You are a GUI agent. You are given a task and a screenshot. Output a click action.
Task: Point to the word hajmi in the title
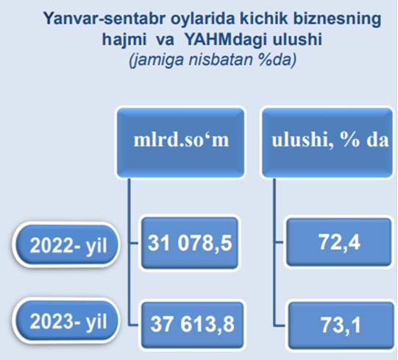[124, 40]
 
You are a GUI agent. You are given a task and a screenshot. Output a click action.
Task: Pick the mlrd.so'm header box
[180, 143]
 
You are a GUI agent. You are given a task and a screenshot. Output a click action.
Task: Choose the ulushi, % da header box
[327, 143]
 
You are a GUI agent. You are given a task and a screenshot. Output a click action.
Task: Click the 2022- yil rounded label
[65, 245]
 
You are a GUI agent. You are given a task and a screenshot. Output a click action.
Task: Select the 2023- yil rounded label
[65, 321]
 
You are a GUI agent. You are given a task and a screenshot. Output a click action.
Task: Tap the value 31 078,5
[190, 243]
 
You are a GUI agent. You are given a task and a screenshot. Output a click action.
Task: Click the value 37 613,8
[192, 325]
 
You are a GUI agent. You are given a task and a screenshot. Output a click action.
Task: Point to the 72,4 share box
[339, 242]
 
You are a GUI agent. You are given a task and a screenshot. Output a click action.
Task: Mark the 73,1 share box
[341, 325]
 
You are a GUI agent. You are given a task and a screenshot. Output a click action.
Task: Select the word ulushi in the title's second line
[297, 39]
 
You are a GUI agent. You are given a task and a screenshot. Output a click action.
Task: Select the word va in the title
[166, 40]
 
